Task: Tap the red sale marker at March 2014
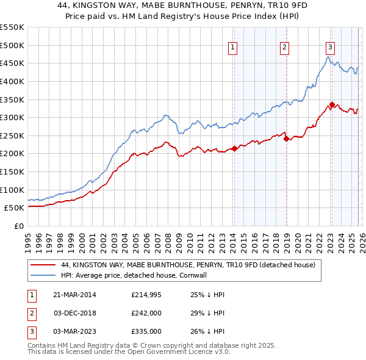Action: (x=234, y=148)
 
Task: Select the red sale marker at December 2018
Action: (x=285, y=139)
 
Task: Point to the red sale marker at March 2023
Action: (x=332, y=104)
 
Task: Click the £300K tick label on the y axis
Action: (x=12, y=117)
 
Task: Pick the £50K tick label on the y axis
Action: (x=15, y=207)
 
